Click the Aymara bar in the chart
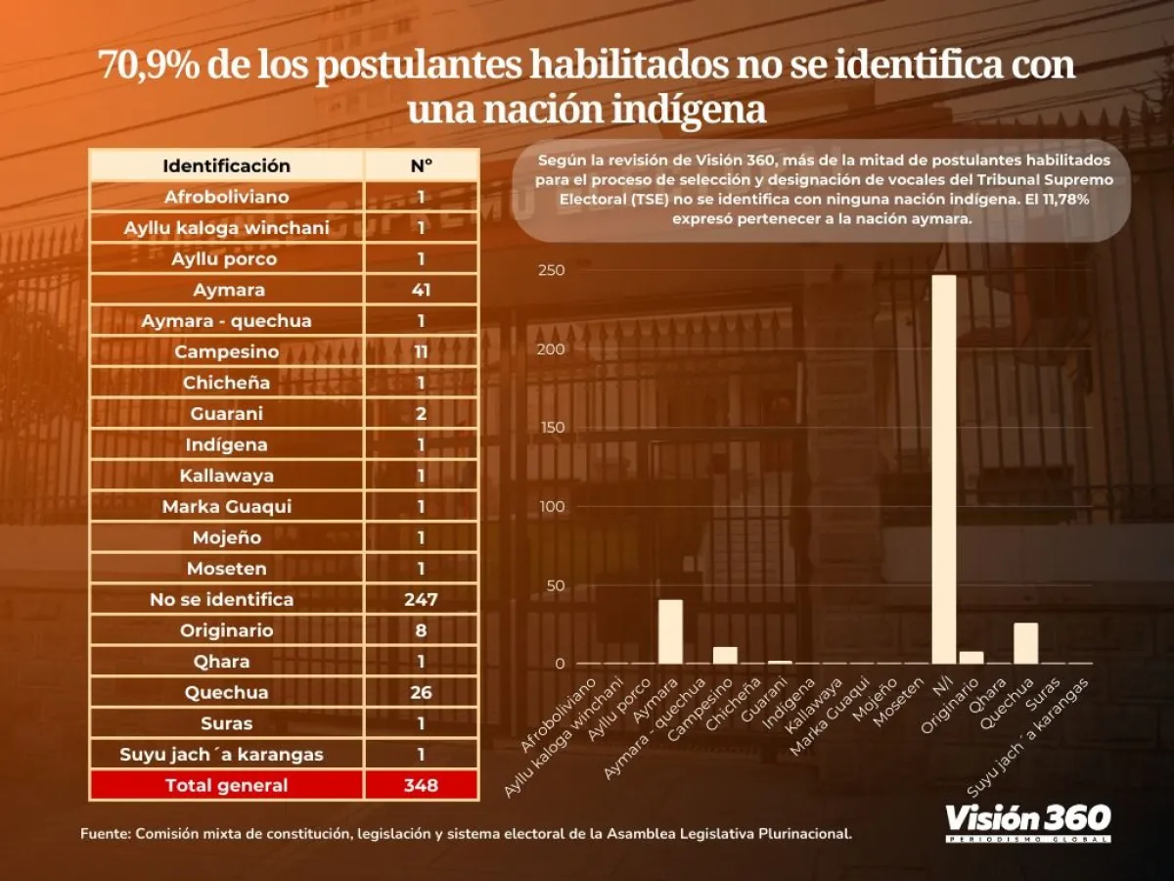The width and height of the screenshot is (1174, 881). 670,632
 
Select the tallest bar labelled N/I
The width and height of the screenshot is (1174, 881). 944,470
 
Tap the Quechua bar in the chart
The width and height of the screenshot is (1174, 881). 1025,643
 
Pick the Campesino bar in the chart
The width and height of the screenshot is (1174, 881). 725,655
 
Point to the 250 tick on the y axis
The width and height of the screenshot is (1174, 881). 552,270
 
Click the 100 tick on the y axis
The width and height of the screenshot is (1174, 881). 552,506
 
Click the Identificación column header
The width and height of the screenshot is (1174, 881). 226,165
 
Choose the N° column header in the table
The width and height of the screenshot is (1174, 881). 421,165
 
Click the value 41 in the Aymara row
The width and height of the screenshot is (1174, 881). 421,290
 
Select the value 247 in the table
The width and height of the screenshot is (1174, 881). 421,599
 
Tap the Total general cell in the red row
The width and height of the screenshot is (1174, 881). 226,785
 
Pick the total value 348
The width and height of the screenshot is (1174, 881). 421,785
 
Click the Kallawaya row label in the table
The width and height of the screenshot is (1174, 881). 226,476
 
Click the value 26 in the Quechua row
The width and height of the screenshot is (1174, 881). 421,692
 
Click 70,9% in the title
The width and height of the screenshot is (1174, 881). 146,67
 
